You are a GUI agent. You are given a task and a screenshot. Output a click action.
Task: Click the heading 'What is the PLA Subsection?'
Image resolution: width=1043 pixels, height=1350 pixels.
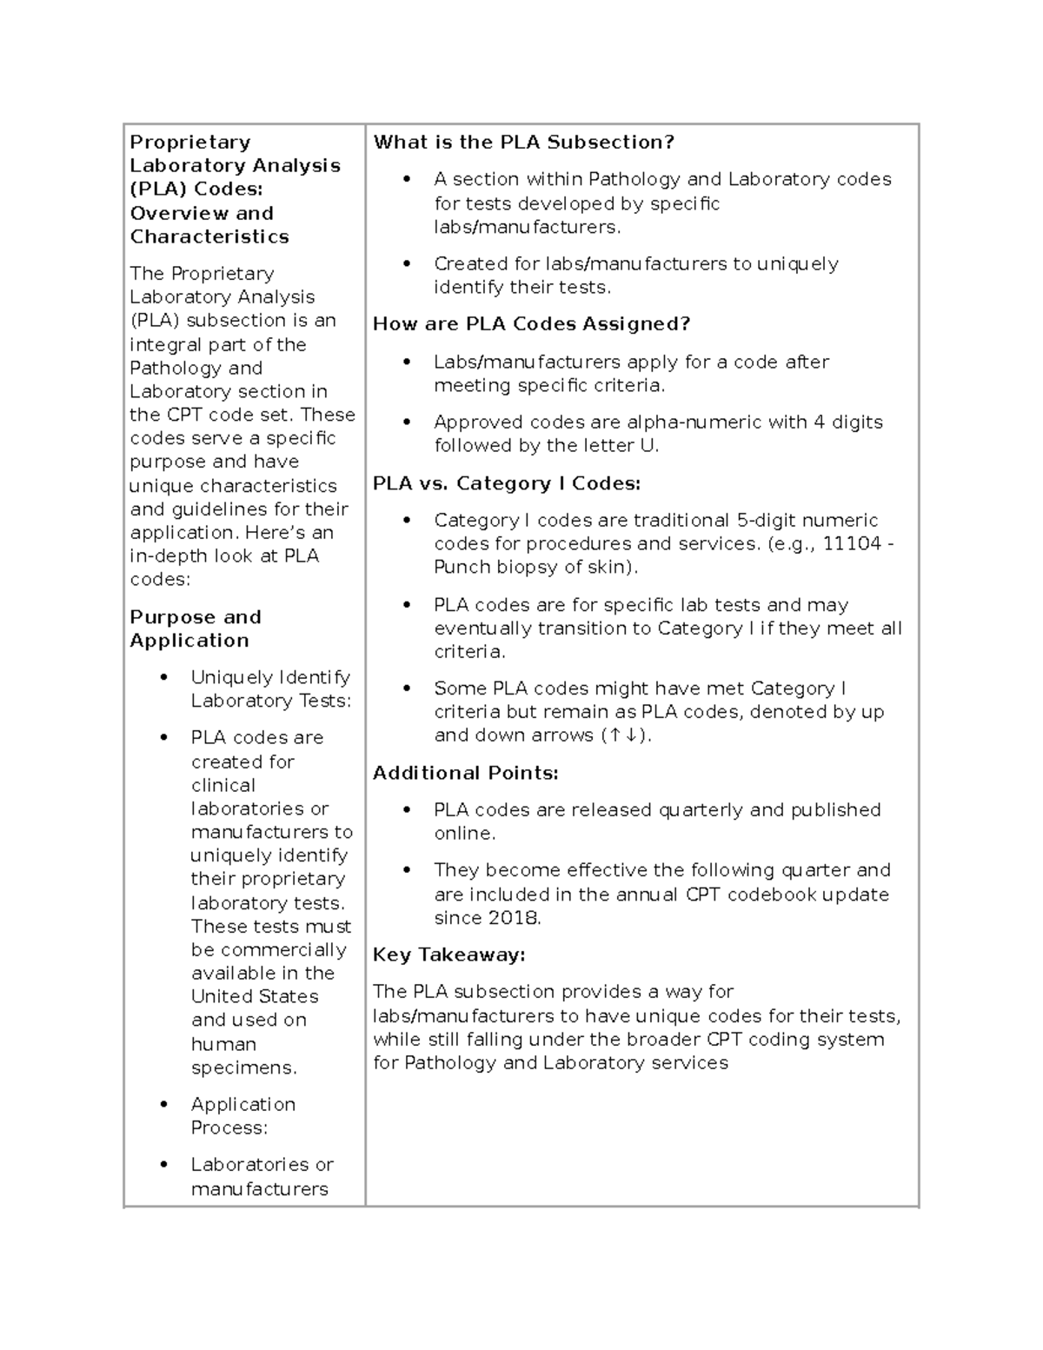point(523,143)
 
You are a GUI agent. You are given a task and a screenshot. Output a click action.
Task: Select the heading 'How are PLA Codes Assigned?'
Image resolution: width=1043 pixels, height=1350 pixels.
point(531,324)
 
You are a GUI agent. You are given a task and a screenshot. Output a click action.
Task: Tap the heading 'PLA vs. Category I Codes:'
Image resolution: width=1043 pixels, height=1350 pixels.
point(507,483)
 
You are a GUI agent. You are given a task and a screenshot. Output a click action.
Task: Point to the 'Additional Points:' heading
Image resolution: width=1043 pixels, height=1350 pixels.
point(465,773)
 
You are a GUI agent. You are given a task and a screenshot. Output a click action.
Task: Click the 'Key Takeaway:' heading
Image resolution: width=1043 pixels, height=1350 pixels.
point(448,954)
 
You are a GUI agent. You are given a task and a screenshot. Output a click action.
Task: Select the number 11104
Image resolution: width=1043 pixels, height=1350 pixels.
point(852,543)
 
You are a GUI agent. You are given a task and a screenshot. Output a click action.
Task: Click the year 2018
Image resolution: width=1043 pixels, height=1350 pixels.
point(514,918)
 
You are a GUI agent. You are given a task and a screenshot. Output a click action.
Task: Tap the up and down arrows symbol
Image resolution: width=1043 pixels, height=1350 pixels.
point(624,735)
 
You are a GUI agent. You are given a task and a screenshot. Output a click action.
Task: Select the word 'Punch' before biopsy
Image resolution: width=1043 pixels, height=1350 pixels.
point(459,567)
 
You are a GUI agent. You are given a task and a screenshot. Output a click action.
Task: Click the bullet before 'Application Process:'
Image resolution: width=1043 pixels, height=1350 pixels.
point(163,1105)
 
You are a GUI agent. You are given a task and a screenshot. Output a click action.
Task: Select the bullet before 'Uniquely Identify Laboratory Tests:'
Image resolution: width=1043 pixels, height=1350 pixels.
point(163,678)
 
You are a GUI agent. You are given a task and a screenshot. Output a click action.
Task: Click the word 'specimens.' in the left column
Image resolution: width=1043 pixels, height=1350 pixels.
point(243,1067)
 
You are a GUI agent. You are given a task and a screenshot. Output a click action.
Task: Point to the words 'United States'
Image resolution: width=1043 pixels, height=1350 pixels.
point(255,996)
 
